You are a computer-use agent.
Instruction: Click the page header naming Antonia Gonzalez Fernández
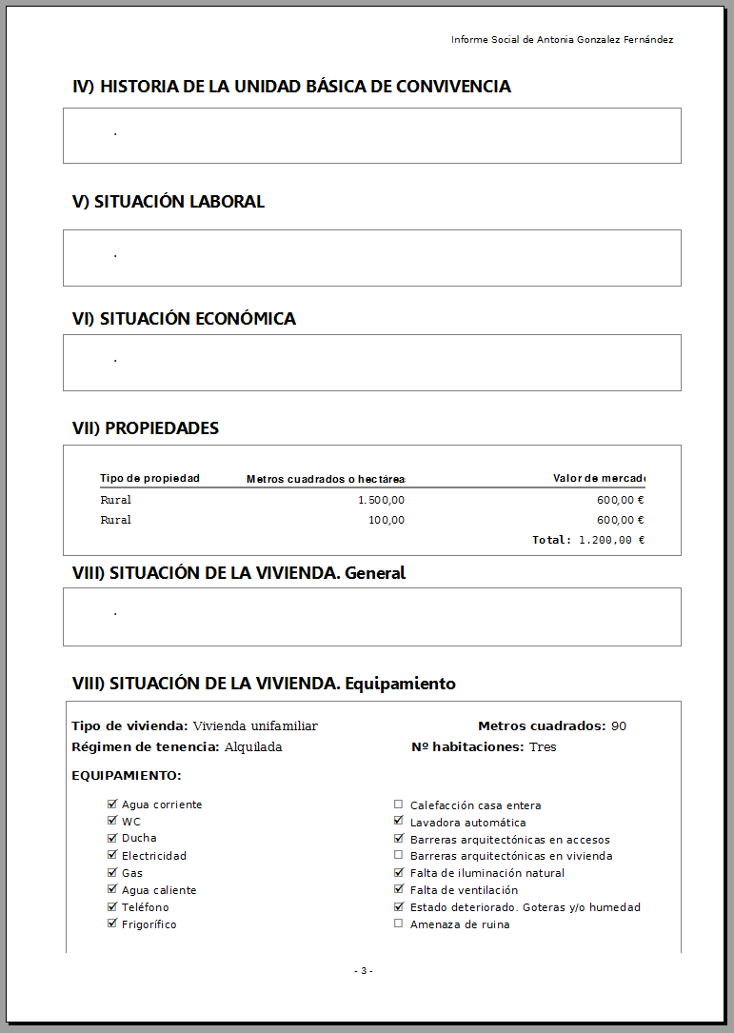coord(562,40)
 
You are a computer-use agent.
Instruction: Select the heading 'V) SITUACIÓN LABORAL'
coord(169,202)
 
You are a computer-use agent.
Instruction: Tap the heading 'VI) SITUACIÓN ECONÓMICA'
coord(184,319)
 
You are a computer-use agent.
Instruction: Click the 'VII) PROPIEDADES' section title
coord(146,428)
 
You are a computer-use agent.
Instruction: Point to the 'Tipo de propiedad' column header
coord(149,478)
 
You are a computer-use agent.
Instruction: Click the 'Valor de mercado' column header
coord(599,478)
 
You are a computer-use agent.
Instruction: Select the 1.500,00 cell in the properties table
coord(381,500)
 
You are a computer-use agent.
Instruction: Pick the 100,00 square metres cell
coord(387,520)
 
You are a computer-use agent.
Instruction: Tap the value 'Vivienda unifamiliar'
coord(255,726)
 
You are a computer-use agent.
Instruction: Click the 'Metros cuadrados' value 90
coord(619,726)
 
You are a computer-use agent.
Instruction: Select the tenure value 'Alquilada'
coord(253,747)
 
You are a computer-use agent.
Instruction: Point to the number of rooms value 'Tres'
coord(543,747)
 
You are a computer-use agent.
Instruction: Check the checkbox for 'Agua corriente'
coord(112,805)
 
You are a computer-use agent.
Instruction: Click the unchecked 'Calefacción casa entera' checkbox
coord(399,805)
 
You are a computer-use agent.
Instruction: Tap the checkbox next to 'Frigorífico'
coord(112,924)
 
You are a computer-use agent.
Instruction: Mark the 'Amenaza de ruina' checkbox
coord(399,924)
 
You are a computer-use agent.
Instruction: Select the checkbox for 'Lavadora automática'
coord(399,822)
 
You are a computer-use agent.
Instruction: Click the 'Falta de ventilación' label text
coord(464,890)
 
